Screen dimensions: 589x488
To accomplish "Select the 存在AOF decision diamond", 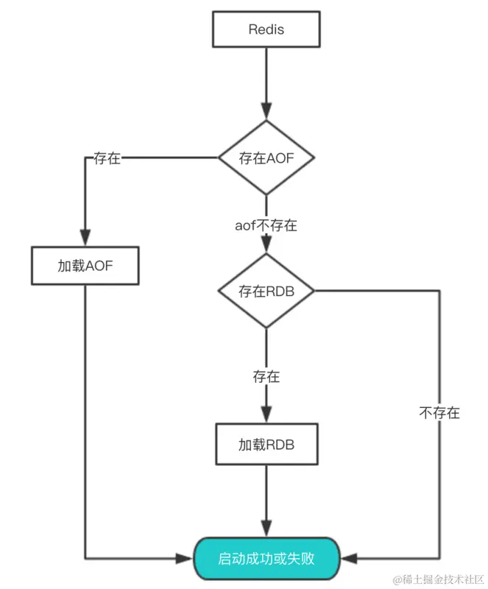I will click(x=266, y=158).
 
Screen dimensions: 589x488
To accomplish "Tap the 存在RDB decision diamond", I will click(x=266, y=291).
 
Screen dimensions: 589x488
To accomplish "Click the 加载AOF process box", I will click(x=85, y=266).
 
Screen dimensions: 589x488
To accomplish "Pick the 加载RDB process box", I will click(x=266, y=445).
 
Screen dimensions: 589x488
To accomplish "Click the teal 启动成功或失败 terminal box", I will click(x=266, y=557).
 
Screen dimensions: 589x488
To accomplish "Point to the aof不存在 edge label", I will click(x=266, y=225).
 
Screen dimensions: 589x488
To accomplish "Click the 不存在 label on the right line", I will click(x=439, y=413).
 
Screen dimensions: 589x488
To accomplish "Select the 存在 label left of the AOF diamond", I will click(x=107, y=158).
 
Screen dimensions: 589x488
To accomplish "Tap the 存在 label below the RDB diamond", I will click(x=266, y=377).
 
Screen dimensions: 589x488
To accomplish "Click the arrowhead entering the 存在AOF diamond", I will click(x=266, y=112).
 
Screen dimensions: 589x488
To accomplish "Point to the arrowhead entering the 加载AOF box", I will click(x=85, y=239).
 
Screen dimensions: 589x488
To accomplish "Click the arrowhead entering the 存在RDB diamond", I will click(x=266, y=247).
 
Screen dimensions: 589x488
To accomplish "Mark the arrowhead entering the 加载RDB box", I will click(x=266, y=416).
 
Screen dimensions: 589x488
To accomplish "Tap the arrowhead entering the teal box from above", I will click(x=266, y=529).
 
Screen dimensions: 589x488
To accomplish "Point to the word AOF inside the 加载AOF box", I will click(x=99, y=266).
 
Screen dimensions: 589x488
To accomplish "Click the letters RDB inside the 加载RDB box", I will click(x=280, y=445).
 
